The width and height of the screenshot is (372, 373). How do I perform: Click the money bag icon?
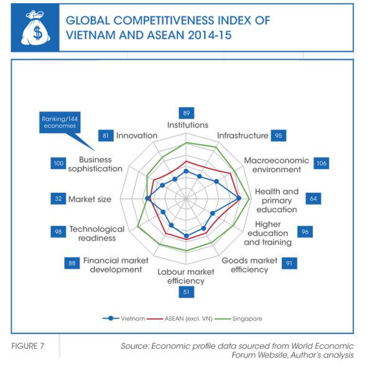pos(35,28)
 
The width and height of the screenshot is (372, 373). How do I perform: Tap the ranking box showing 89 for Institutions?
pos(187,113)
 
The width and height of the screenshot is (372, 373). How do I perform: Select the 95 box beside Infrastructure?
pos(279,136)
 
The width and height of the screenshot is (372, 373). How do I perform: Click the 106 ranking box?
pos(322,163)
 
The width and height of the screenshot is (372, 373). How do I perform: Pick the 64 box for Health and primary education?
pos(313,199)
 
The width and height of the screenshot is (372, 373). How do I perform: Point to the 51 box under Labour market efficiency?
pos(187,292)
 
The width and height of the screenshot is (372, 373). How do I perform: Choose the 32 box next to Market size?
pos(58,199)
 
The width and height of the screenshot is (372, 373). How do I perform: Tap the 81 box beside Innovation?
pos(106,136)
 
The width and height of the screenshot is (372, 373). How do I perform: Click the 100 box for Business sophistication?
pos(58,163)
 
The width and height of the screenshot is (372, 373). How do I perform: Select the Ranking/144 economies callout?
pos(60,122)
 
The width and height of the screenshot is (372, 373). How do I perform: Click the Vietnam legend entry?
pos(124,318)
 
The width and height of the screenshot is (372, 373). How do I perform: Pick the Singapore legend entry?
pos(238,318)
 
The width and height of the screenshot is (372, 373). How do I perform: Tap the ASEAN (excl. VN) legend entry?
pos(179,318)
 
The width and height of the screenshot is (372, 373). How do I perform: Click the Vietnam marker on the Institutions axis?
pos(186,172)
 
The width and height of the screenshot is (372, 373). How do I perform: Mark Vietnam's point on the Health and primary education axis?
pos(239,198)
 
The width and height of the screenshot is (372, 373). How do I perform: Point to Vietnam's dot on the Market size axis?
pos(147,198)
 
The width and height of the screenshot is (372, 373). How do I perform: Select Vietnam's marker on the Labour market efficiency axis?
pos(187,236)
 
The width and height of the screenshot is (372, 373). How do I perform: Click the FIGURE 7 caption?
pos(28,346)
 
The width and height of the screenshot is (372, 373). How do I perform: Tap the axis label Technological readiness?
pos(97,234)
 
